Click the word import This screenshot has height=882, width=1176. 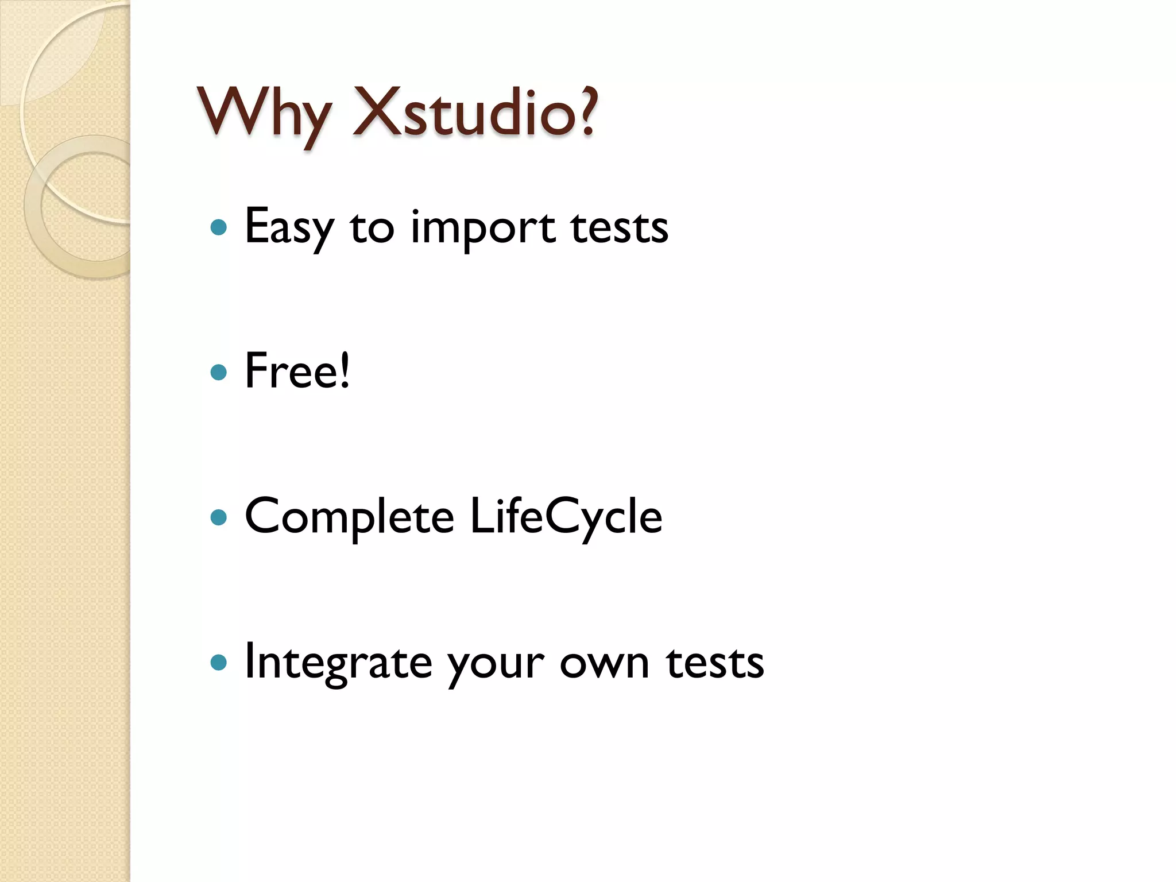coord(483,229)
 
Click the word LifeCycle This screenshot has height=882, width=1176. coord(566,516)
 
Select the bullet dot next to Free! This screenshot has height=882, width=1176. coord(219,373)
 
